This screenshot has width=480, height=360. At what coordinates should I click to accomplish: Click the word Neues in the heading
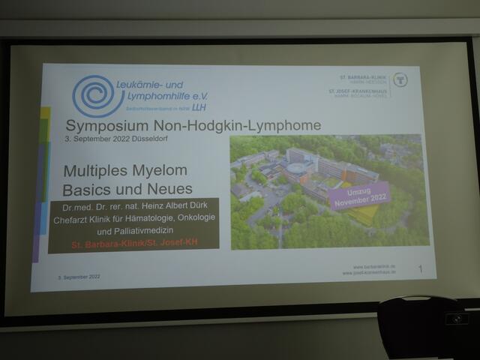click(170, 188)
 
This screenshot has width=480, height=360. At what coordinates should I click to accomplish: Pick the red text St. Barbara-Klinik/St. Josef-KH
click(133, 244)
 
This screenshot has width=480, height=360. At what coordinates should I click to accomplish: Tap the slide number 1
click(421, 268)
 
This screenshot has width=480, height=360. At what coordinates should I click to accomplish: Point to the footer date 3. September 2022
click(78, 277)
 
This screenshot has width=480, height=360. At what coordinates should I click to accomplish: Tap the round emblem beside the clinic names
click(400, 79)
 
